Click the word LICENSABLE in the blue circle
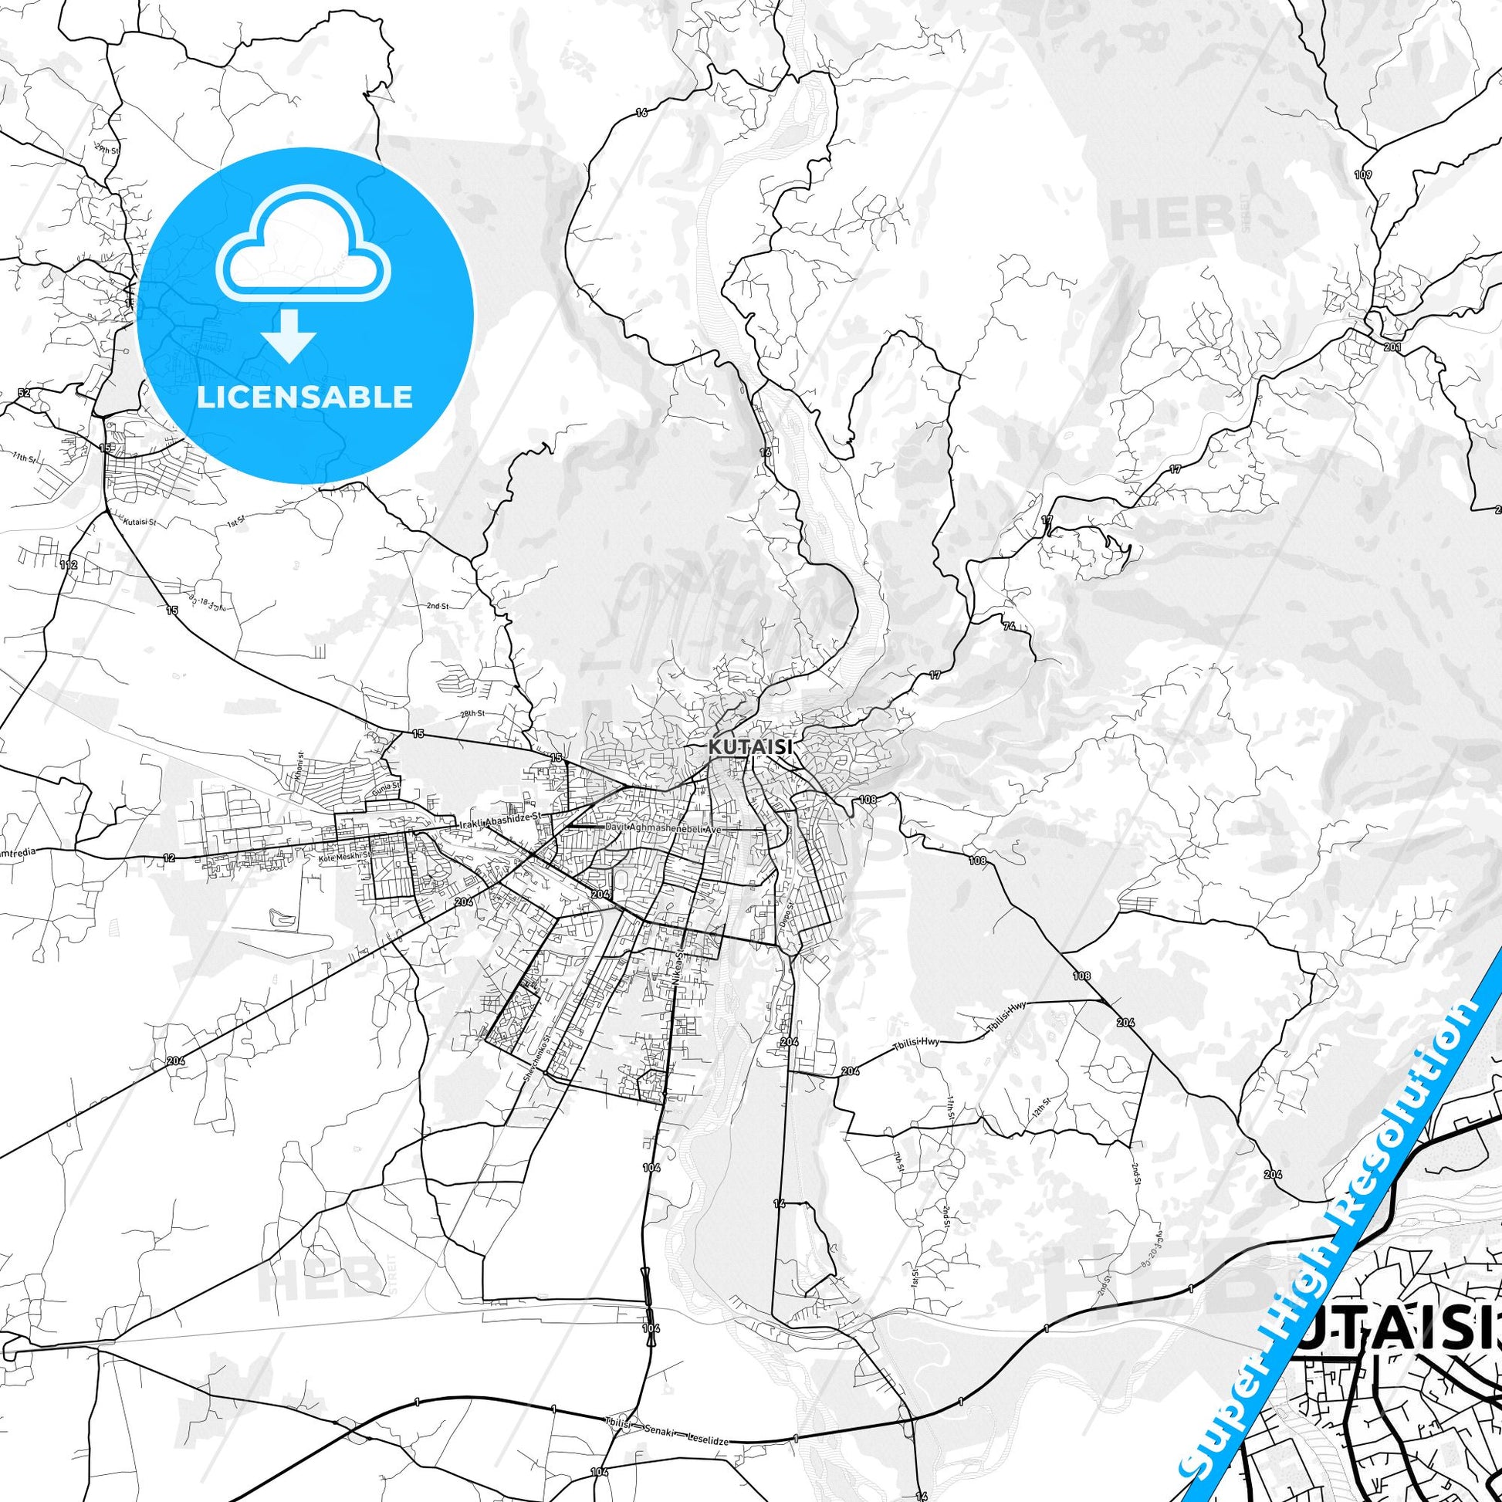304,397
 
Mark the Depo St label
783,910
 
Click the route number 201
1392,347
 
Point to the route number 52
24,394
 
